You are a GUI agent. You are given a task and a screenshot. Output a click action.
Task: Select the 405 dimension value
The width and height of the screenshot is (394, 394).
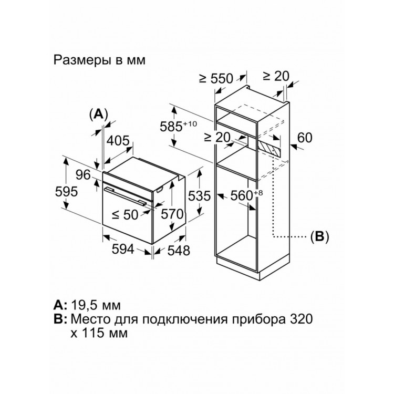click(x=118, y=140)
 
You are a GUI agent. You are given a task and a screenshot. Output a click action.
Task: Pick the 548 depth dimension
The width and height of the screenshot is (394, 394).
click(x=175, y=251)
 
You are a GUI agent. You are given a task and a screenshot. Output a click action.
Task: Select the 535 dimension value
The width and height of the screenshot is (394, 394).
click(x=199, y=196)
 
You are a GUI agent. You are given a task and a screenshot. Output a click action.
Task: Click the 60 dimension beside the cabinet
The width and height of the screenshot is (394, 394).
click(x=305, y=138)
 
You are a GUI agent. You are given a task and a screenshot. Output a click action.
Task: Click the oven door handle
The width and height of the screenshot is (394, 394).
click(x=126, y=194)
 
